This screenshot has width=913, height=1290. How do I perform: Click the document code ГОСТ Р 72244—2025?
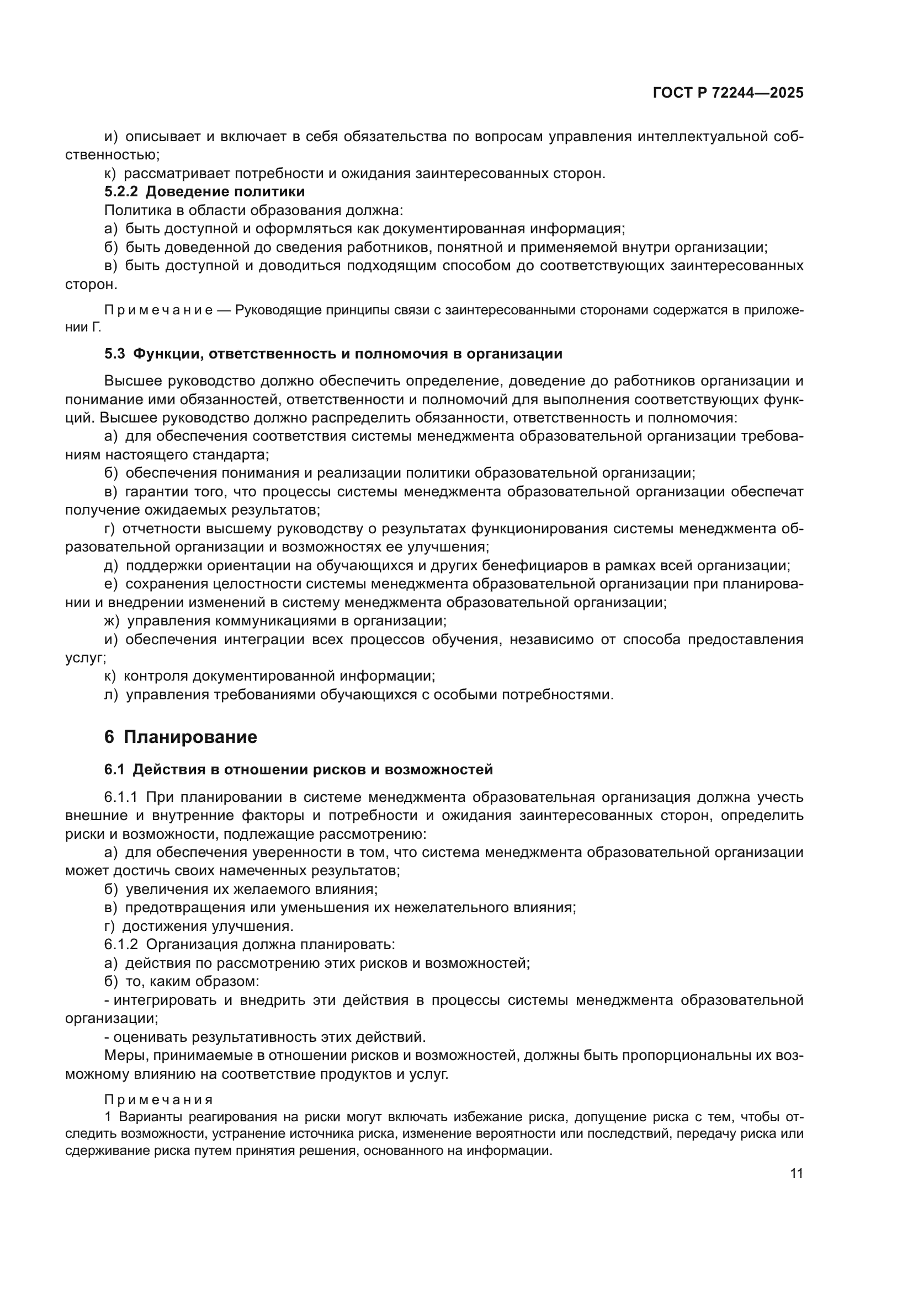pos(728,93)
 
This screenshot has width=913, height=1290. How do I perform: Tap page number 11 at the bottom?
pos(796,1174)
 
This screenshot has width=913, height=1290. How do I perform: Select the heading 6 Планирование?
pos(181,737)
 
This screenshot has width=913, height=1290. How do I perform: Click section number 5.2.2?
pos(121,191)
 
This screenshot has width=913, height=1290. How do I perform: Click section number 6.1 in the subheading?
pos(114,770)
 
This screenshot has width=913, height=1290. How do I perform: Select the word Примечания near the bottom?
pos(158,1100)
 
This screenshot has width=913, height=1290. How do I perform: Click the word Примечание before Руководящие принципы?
pos(158,310)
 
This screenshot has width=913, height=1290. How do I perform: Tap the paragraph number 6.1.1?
pos(121,797)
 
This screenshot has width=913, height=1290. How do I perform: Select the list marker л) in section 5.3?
pos(111,695)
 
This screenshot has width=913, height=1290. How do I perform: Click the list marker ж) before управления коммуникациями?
pos(112,622)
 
